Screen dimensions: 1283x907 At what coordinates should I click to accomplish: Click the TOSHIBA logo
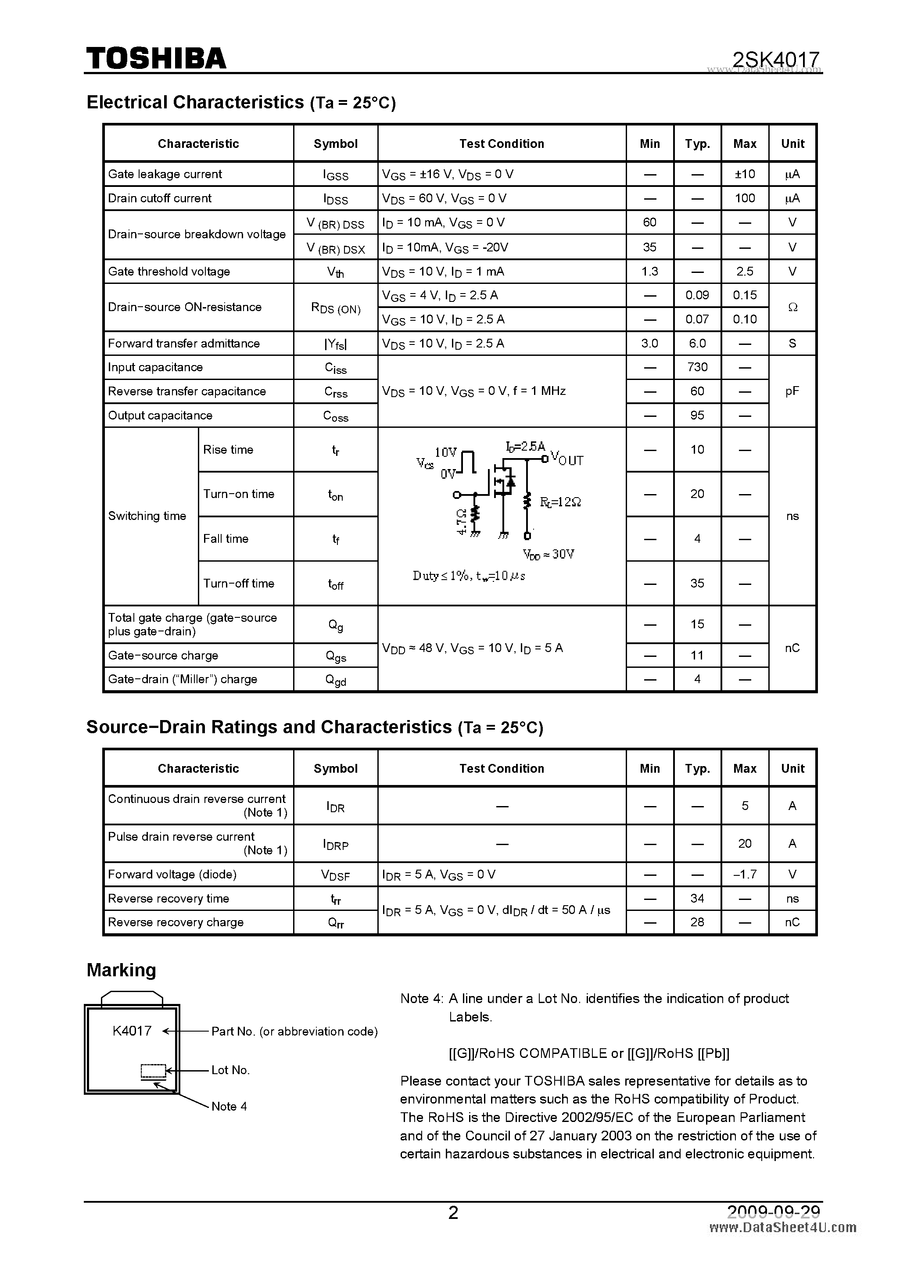pos(156,58)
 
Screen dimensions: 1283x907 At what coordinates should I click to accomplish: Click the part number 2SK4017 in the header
pos(776,59)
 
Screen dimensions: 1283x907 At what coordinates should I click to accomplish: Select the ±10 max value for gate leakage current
pos(744,174)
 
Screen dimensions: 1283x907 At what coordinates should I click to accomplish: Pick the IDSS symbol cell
pos(335,199)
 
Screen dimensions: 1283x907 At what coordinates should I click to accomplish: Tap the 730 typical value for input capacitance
pos(697,367)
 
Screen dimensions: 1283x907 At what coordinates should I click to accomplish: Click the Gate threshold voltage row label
pos(169,272)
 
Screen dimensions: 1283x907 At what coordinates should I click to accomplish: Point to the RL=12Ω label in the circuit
pos(560,502)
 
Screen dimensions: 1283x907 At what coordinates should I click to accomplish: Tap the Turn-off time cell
pos(239,584)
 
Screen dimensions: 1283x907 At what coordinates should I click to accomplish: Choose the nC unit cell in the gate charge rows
pos(792,648)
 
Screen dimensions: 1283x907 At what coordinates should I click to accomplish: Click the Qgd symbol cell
pos(335,680)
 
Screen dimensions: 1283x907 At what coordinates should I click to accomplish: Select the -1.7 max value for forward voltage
pos(744,874)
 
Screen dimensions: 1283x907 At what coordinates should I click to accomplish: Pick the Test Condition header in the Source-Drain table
pos(501,768)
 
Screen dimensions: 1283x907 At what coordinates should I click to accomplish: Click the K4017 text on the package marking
pos(132,1031)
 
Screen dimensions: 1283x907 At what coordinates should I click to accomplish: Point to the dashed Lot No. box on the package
pos(153,1071)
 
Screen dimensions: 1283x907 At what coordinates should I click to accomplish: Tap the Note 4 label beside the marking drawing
pos(229,1107)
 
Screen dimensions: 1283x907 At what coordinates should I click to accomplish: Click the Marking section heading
pos(121,970)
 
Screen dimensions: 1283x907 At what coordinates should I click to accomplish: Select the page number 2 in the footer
pos(453,1212)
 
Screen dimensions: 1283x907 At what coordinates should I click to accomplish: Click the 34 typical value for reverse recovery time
pos(697,899)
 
